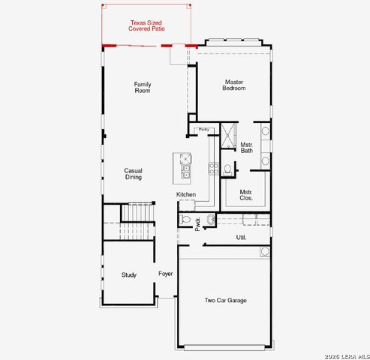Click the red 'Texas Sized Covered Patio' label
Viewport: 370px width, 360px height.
click(147, 26)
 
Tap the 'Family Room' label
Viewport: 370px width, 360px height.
click(143, 87)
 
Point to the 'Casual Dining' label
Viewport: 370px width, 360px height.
click(134, 174)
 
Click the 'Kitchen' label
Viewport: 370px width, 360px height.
click(186, 195)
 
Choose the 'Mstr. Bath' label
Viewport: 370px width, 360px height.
click(247, 148)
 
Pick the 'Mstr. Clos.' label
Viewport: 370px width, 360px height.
click(246, 195)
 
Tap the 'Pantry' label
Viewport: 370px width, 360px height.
click(203, 130)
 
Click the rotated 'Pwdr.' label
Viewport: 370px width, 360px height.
click(198, 224)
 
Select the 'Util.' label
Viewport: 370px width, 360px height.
click(241, 238)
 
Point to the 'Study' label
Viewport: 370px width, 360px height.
click(129, 274)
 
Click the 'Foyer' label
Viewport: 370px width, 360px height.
click(166, 274)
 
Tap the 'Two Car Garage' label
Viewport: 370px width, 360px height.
click(226, 301)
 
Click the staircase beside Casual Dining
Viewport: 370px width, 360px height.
click(140, 214)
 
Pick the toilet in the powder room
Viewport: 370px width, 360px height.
click(187, 220)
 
